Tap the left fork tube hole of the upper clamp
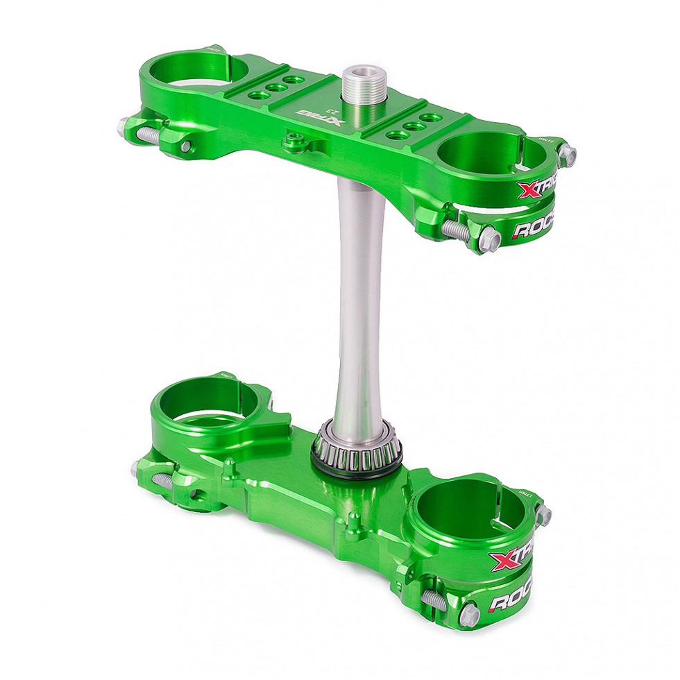coord(194,70)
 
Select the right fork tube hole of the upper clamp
coord(481,153)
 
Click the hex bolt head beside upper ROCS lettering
coord(489,240)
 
